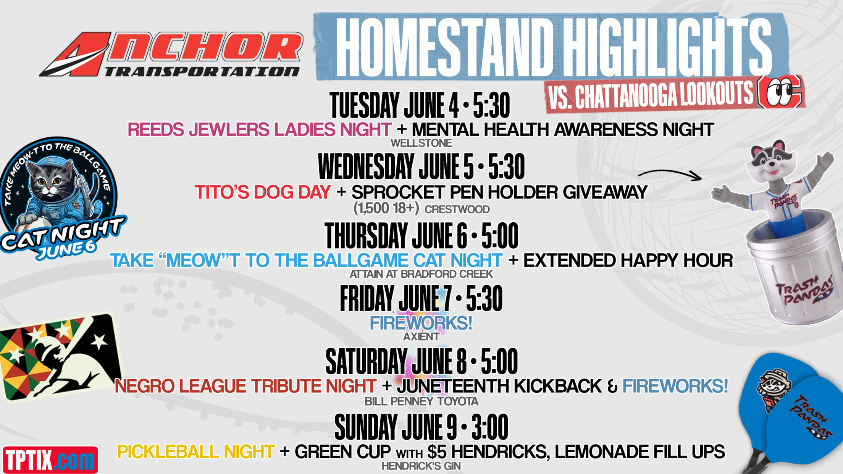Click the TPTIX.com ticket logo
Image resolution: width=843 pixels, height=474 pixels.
pyautogui.click(x=50, y=459)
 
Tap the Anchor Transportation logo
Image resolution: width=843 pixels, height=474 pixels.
pyautogui.click(x=171, y=54)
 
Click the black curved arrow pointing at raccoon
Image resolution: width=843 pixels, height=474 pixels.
pyautogui.click(x=670, y=173)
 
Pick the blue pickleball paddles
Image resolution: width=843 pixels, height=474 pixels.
pyautogui.click(x=790, y=414)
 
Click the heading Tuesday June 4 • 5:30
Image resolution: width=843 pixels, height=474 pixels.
pyautogui.click(x=420, y=105)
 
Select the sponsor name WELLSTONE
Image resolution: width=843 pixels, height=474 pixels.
pyautogui.click(x=421, y=143)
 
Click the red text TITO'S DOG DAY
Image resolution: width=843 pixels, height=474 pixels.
pyautogui.click(x=263, y=192)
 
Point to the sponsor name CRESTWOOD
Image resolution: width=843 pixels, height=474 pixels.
pyautogui.click(x=457, y=209)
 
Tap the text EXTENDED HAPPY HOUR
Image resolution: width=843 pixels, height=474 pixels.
pyautogui.click(x=628, y=260)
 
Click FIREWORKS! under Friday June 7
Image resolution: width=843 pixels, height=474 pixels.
pyautogui.click(x=421, y=323)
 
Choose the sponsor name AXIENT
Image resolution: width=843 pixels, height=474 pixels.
pyautogui.click(x=421, y=336)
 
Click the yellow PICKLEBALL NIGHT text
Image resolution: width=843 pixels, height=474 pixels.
pyautogui.click(x=196, y=451)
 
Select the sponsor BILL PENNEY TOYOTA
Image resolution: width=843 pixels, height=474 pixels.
pyautogui.click(x=421, y=401)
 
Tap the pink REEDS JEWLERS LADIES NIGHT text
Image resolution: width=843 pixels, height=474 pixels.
pyautogui.click(x=260, y=129)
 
